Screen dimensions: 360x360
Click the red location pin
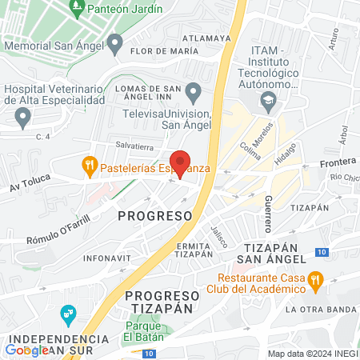(x=180, y=162)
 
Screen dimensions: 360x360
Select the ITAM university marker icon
(x=267, y=102)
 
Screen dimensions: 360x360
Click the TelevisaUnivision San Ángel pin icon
(x=194, y=90)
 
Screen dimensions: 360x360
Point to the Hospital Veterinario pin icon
(x=22, y=118)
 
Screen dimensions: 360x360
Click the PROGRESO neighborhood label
(x=155, y=216)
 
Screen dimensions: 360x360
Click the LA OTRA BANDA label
(x=320, y=310)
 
